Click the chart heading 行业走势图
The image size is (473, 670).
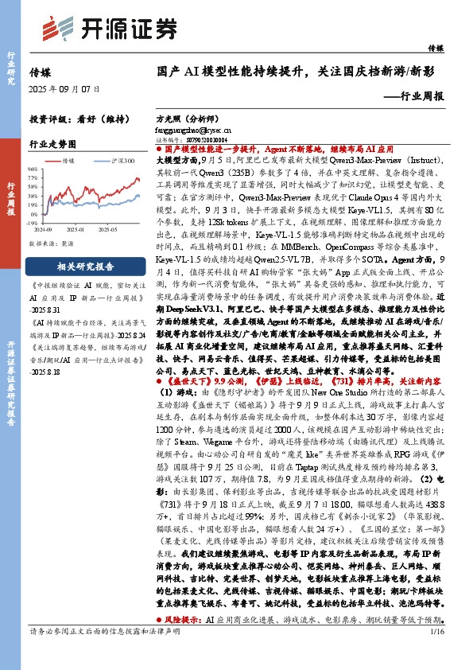pos(52,145)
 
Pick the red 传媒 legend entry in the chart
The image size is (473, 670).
pos(64,161)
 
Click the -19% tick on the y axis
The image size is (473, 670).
pos(37,224)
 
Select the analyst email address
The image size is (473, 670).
pos(194,127)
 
